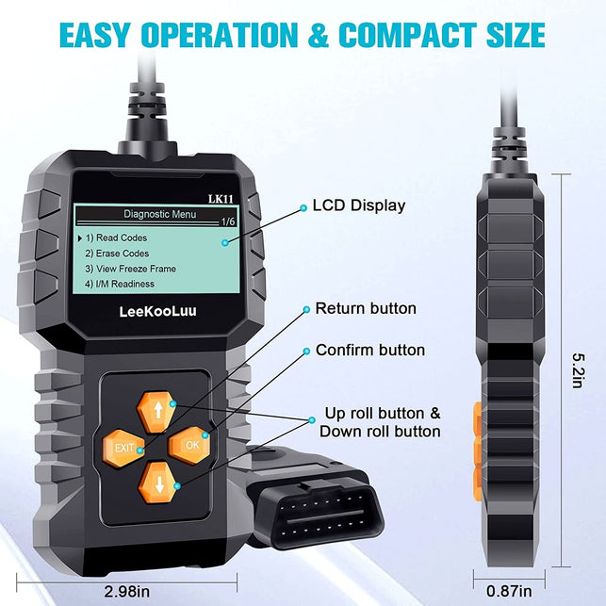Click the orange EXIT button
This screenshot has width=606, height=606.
point(123,447)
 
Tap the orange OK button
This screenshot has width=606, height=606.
point(192,442)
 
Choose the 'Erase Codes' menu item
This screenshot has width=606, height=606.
point(117,254)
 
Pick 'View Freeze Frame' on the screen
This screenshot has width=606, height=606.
point(130,269)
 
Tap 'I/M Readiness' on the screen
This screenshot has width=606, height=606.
point(120,284)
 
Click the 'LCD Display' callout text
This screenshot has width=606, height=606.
point(358,205)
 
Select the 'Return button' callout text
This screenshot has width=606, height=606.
point(365,308)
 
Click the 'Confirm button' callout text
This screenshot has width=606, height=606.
point(369,350)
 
